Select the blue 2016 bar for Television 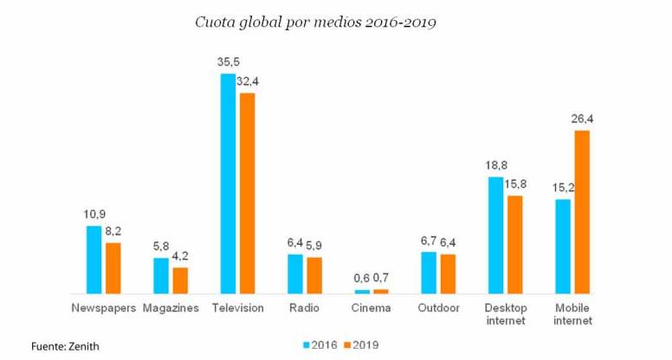point(228,183)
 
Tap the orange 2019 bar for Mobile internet point(582,212)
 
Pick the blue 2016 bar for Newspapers point(94,260)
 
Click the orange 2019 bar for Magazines point(180,280)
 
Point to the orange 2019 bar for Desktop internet point(515,245)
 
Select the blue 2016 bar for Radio point(295,273)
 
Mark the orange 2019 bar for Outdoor point(448,273)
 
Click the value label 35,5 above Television point(228,63)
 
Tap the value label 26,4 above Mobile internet point(580,119)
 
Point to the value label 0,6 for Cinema point(361,279)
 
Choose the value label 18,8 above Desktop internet point(496,166)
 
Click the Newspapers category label point(102,308)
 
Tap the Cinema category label point(372,308)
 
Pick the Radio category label point(304,308)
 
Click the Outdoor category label point(438,308)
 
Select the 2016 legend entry point(319,344)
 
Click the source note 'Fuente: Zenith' point(65,346)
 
